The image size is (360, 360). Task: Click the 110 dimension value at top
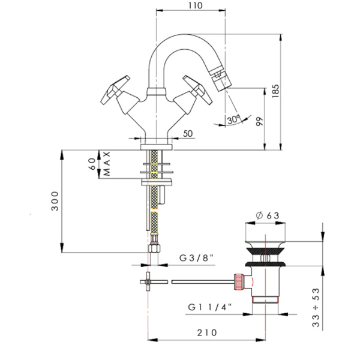click(x=196, y=5)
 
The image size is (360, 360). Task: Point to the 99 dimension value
click(x=259, y=121)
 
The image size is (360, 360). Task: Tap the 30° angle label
click(x=233, y=119)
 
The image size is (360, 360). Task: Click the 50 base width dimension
click(x=188, y=133)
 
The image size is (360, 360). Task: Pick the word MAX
click(x=107, y=164)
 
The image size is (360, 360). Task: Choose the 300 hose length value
click(x=55, y=201)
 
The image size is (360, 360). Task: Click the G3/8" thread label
click(x=196, y=258)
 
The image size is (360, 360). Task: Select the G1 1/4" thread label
click(x=210, y=307)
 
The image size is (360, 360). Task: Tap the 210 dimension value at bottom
click(x=207, y=332)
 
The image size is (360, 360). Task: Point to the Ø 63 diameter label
click(x=268, y=215)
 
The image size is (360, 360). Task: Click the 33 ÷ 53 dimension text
click(x=316, y=307)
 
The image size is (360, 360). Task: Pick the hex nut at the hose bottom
click(x=154, y=248)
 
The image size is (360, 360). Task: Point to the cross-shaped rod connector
click(x=148, y=281)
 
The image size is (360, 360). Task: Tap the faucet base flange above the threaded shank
click(x=157, y=147)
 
